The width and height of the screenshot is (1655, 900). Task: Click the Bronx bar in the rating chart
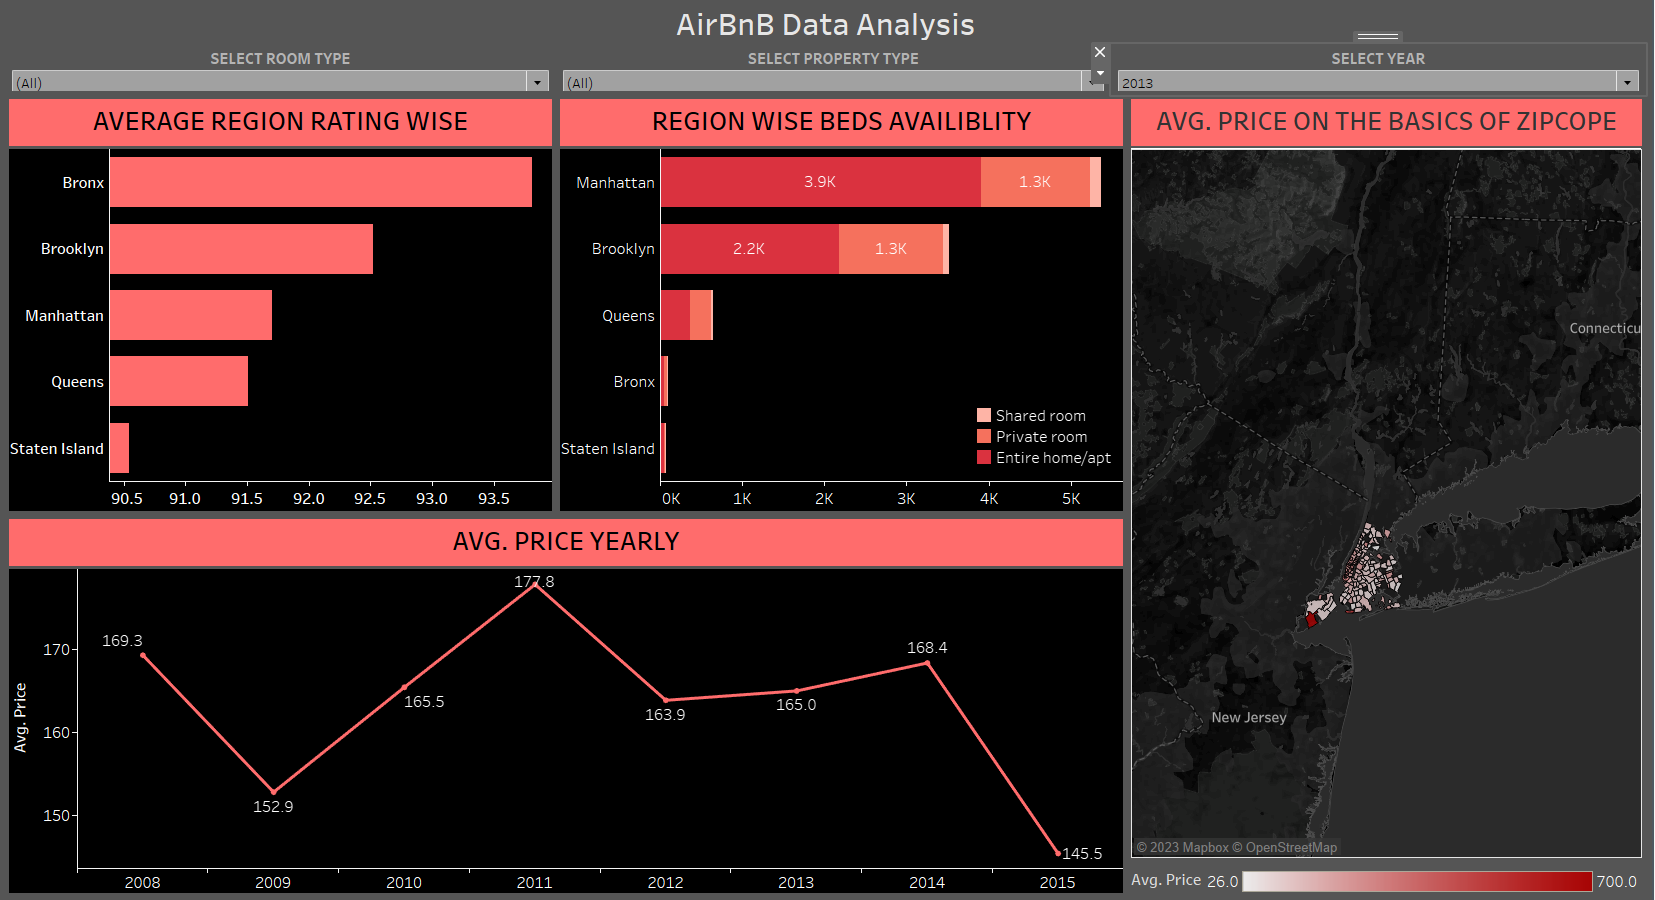(320, 182)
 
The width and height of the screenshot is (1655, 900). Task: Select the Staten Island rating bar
(119, 448)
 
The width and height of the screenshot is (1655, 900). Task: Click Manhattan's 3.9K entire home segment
(820, 182)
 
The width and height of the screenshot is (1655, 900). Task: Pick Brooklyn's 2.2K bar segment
(749, 249)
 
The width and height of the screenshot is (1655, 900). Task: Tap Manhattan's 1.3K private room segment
(1035, 182)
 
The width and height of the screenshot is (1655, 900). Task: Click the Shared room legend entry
(1040, 416)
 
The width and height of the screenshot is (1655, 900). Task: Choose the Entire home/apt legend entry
(1052, 458)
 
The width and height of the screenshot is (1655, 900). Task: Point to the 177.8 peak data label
(534, 582)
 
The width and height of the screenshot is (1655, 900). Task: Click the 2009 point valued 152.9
(274, 792)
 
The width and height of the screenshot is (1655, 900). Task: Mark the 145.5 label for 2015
(1082, 854)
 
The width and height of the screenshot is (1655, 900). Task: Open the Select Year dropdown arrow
(1627, 82)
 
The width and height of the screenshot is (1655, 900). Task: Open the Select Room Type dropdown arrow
(538, 82)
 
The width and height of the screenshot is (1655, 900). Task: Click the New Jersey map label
(1248, 718)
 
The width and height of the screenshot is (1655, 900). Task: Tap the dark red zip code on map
(1311, 620)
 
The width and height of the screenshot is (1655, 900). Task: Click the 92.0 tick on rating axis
(308, 498)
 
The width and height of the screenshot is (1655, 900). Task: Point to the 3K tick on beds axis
(906, 498)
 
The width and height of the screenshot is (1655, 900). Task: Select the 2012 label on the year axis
(665, 882)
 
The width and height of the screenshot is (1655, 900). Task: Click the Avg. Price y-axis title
(20, 717)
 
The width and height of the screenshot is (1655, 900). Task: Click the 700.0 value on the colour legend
(1616, 881)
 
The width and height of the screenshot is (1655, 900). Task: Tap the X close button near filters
(1100, 52)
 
